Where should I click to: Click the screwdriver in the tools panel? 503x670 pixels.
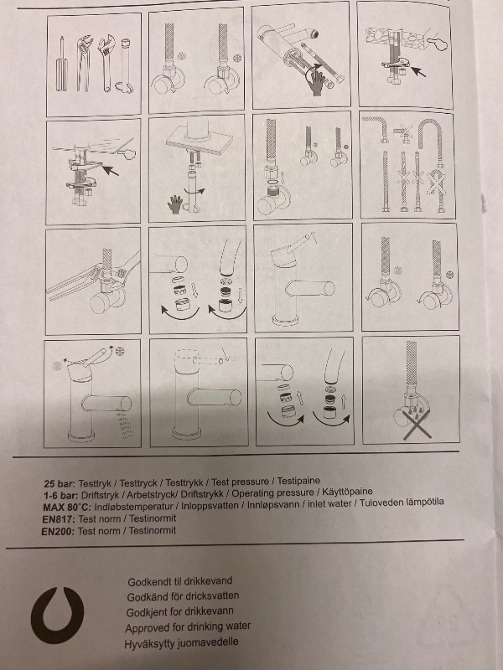(61, 64)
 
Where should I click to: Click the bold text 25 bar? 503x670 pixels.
(60, 484)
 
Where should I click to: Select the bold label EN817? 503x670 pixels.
(59, 519)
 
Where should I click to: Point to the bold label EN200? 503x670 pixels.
(58, 531)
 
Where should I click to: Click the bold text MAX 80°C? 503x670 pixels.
(67, 508)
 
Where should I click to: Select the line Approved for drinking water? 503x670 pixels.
(188, 627)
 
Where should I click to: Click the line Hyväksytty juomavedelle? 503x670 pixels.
(181, 643)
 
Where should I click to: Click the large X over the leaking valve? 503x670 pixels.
(417, 425)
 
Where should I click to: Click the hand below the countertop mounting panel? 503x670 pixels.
(175, 204)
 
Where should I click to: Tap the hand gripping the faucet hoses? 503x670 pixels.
(317, 82)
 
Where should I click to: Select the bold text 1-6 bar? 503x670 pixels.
(60, 496)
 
